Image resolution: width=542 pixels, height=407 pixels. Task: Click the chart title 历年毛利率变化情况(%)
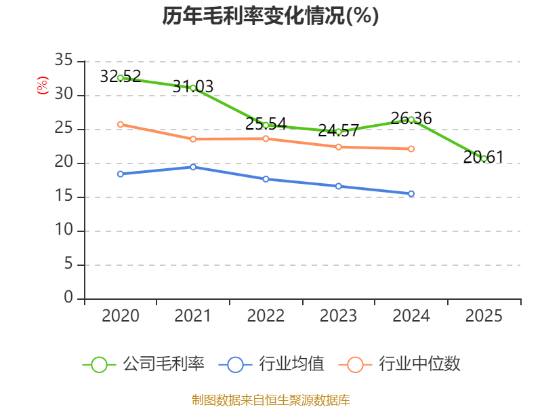(270, 16)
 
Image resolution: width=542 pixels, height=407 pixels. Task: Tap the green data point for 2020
(121, 78)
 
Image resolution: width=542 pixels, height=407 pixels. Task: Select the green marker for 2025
(484, 159)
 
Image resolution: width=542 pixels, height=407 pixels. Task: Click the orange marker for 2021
(193, 139)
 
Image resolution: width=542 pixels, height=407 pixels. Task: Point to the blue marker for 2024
(411, 194)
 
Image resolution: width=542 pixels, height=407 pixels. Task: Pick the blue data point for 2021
(193, 167)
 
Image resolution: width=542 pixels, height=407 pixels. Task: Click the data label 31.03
(193, 87)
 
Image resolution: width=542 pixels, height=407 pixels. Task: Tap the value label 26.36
(411, 118)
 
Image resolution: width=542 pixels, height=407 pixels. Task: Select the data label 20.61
(484, 157)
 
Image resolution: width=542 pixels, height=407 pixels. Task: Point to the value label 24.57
(338, 131)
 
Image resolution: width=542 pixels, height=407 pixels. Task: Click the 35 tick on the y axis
(64, 60)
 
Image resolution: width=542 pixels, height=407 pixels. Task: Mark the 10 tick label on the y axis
(64, 230)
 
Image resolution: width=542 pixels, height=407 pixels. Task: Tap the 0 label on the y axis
(68, 298)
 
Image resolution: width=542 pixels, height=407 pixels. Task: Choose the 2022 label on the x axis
(266, 316)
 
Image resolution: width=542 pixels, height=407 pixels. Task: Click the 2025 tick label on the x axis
(484, 316)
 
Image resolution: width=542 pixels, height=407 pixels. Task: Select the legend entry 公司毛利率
(144, 364)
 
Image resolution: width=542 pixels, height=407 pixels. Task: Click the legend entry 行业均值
(272, 364)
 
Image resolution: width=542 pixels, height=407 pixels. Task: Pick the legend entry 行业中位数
(400, 364)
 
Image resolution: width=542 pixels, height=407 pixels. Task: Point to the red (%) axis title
(43, 85)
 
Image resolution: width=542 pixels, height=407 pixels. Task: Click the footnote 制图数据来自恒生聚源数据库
(271, 400)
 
